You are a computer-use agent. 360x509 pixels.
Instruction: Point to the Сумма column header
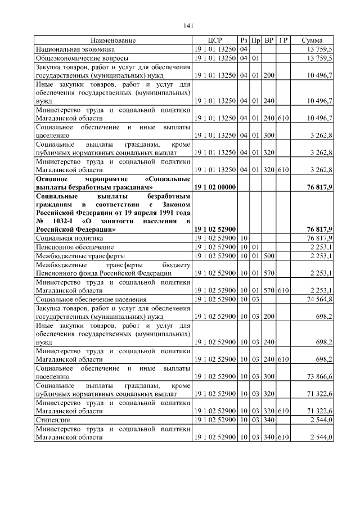point(312,40)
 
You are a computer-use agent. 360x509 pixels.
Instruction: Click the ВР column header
point(269,40)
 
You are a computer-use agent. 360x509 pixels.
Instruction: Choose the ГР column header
point(283,40)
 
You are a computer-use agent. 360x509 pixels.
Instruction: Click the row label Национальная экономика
point(71,49)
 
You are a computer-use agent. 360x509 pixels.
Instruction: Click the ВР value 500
point(269,255)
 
